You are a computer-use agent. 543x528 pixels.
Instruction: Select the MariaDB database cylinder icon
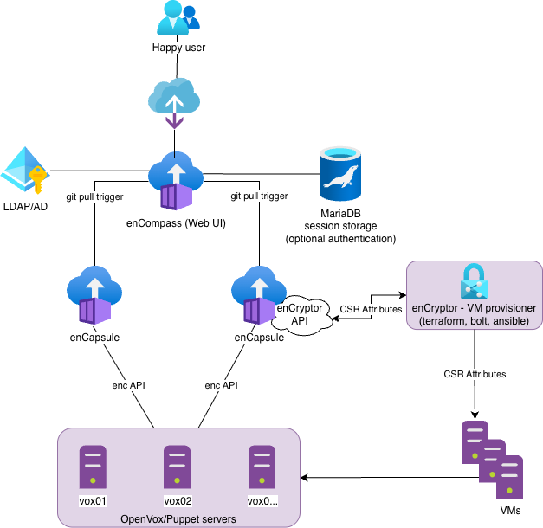[x=340, y=174]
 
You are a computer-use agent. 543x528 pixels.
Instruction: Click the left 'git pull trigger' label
[x=95, y=196]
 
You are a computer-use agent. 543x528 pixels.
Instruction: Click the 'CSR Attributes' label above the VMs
[x=475, y=374]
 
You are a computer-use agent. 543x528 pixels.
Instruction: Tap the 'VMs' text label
[x=510, y=512]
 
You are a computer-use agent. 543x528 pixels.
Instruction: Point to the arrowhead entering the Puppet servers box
[x=306, y=477]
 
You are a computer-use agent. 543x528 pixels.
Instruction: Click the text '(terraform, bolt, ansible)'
[x=475, y=321]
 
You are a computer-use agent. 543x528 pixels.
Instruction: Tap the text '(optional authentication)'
[x=340, y=238]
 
